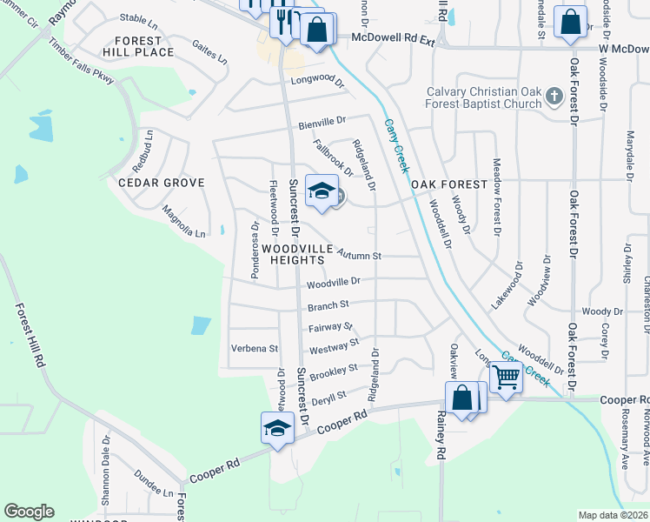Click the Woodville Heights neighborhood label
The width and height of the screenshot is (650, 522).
pos(297,254)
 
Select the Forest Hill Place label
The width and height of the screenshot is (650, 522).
pos(137,47)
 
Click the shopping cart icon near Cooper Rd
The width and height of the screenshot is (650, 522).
pos(505,378)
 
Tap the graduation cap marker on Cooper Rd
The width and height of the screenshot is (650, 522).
pos(277,429)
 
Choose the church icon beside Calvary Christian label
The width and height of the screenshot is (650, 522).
pos(554,100)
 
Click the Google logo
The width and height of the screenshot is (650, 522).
pos(29,512)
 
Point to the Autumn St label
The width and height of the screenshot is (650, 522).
pos(360,256)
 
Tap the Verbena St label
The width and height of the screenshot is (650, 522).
pos(254,348)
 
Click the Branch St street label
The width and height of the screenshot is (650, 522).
pos(328,305)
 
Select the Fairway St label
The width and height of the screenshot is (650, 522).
pos(328,328)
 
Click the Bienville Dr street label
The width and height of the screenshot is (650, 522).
pos(322,123)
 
